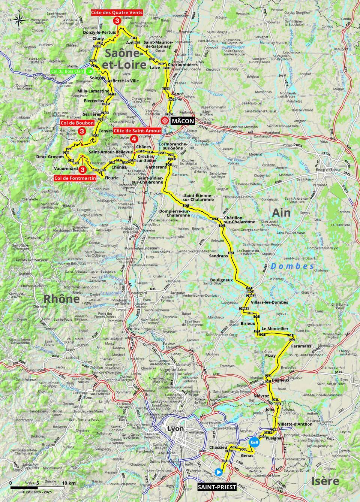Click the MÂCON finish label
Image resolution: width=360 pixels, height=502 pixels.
[x=182, y=121]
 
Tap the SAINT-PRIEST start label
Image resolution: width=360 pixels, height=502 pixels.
[x=217, y=487]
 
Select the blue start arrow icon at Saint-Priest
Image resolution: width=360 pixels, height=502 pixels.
[x=219, y=472]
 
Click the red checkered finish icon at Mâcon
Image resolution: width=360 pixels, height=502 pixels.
[x=165, y=121]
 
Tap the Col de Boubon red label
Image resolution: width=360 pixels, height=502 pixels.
[x=76, y=123]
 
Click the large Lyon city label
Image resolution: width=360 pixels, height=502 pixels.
[x=175, y=429]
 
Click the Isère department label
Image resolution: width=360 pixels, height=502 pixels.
[x=325, y=481]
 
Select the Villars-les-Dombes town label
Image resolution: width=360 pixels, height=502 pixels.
[x=270, y=302]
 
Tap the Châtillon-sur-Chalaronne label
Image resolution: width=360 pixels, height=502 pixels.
[x=239, y=220]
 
